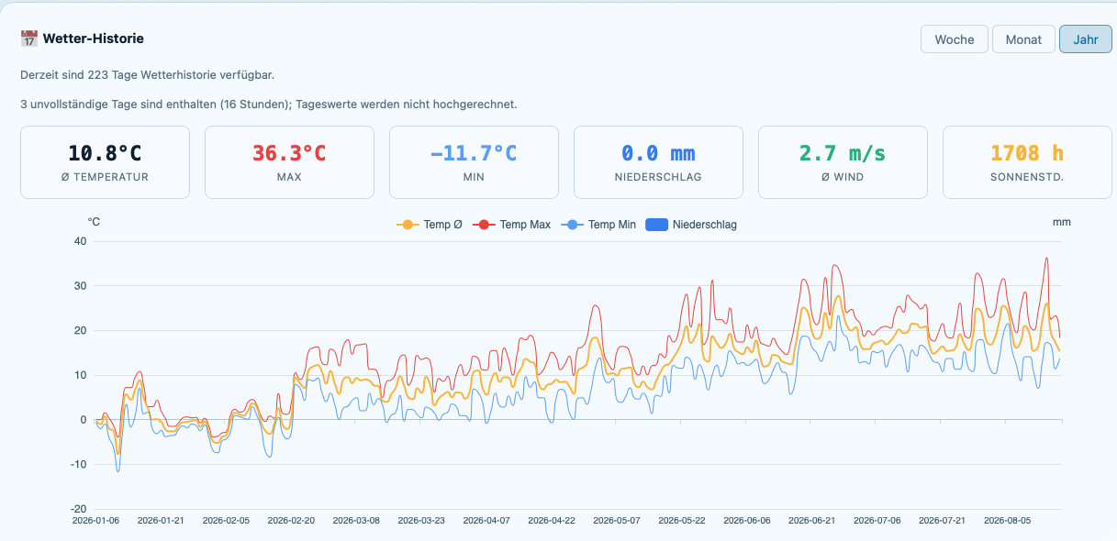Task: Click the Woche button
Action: pos(954,39)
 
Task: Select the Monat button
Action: pos(1023,39)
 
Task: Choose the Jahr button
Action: pos(1086,39)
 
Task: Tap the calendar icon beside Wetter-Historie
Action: pos(29,39)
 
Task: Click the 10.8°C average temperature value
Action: pos(105,153)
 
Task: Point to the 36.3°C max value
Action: pos(289,153)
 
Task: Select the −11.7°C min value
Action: pos(474,153)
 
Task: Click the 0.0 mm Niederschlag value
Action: pos(658,153)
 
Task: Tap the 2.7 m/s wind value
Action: pos(843,153)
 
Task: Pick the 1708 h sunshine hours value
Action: pos(1027,153)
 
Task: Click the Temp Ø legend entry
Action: pos(430,225)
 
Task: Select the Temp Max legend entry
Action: pos(511,225)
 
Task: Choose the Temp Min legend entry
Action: pos(598,225)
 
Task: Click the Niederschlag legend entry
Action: pos(691,225)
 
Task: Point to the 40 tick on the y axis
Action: pos(80,241)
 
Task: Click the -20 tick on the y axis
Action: pos(79,509)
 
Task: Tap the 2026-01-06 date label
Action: pos(95,521)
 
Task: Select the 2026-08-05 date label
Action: pos(1007,521)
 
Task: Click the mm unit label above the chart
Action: pos(1062,222)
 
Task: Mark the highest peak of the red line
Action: pos(1046,258)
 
